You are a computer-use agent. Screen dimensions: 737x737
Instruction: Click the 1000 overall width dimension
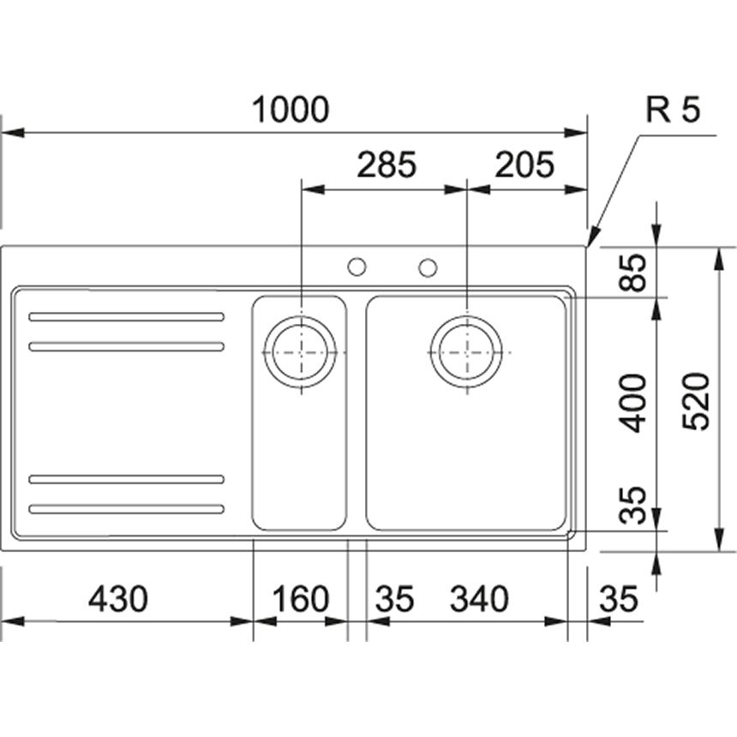(291, 111)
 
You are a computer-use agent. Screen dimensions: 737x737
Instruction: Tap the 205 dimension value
(525, 165)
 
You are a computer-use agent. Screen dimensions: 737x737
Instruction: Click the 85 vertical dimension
(635, 272)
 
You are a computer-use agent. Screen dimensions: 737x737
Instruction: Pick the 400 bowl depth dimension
(635, 403)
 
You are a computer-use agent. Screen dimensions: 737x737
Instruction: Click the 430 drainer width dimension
(118, 599)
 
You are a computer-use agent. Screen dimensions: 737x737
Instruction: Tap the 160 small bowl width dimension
(301, 599)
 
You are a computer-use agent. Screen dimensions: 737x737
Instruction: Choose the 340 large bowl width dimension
(479, 599)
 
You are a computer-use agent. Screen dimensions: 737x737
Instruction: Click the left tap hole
(357, 267)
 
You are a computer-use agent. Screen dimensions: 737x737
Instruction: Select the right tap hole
(428, 267)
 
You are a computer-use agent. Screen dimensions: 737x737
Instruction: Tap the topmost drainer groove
(127, 317)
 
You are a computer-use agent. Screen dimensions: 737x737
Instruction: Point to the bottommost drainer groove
(127, 509)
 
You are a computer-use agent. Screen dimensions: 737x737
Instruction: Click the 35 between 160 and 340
(393, 599)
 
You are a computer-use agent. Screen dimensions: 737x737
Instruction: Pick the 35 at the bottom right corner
(619, 599)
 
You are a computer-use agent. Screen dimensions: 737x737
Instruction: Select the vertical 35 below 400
(635, 506)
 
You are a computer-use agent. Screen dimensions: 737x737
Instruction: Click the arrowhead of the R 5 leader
(590, 240)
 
